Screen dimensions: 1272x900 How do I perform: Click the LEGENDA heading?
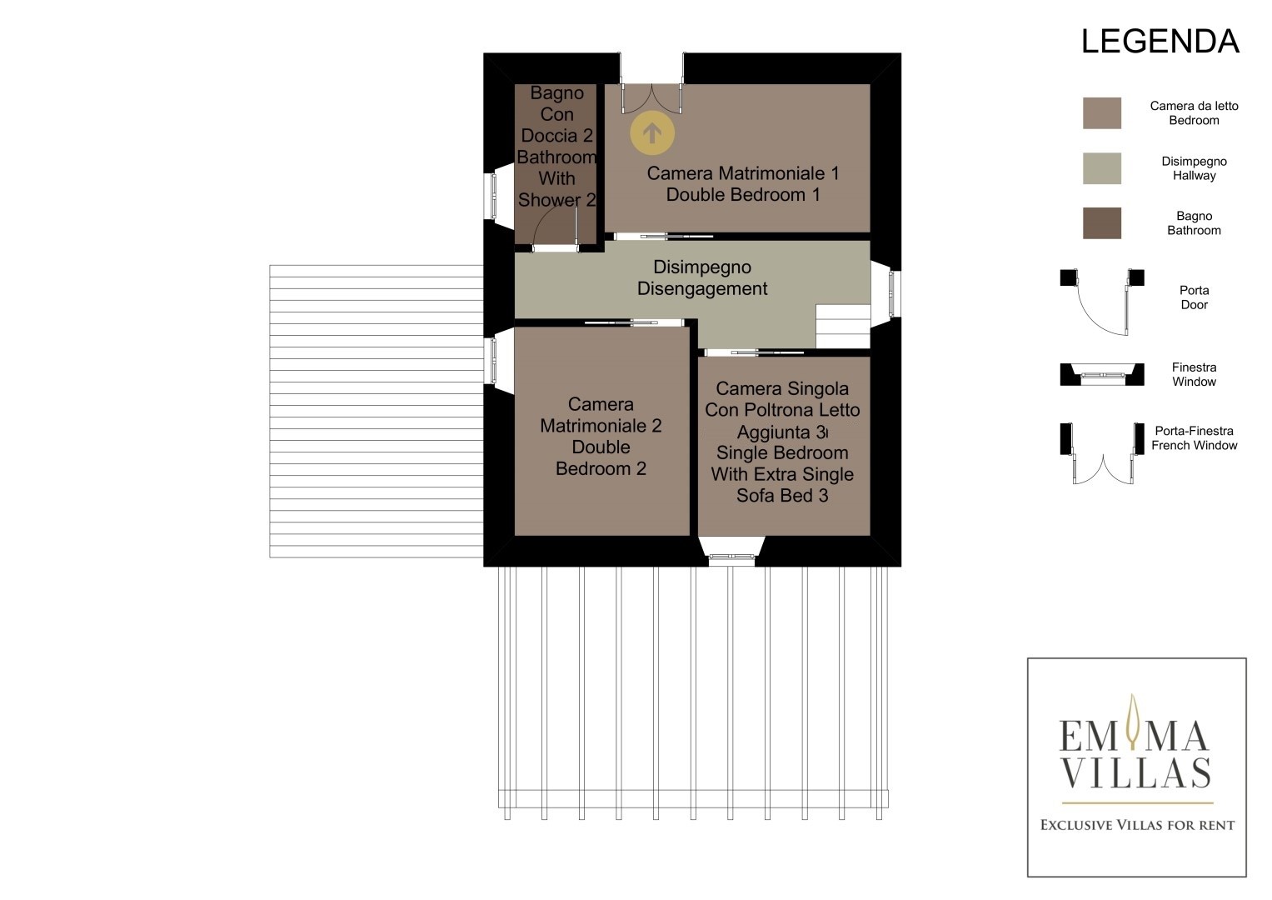(1160, 41)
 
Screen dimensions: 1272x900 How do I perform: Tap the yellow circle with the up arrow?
(652, 133)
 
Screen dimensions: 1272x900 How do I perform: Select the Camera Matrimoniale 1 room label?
(743, 183)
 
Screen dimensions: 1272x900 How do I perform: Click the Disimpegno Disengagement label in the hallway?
(702, 277)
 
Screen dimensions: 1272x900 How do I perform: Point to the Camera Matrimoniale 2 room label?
(601, 436)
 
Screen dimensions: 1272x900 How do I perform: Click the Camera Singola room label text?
(782, 442)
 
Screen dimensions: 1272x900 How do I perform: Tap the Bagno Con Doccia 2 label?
(556, 146)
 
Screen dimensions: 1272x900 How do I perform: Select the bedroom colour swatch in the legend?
(1101, 113)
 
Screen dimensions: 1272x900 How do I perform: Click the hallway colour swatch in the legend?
(1101, 168)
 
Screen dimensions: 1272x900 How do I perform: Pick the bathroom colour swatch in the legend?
(1101, 222)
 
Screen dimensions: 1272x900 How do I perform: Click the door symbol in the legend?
(1101, 302)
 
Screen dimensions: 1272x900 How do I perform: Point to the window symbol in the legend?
(1101, 374)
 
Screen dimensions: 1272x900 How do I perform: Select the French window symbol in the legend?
(1101, 453)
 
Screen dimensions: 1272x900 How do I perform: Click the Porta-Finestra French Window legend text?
(1194, 438)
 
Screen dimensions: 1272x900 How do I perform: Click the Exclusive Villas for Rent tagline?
(1137, 825)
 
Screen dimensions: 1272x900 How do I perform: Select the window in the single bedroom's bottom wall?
(731, 556)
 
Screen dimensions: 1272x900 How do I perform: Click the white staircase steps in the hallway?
(843, 326)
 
